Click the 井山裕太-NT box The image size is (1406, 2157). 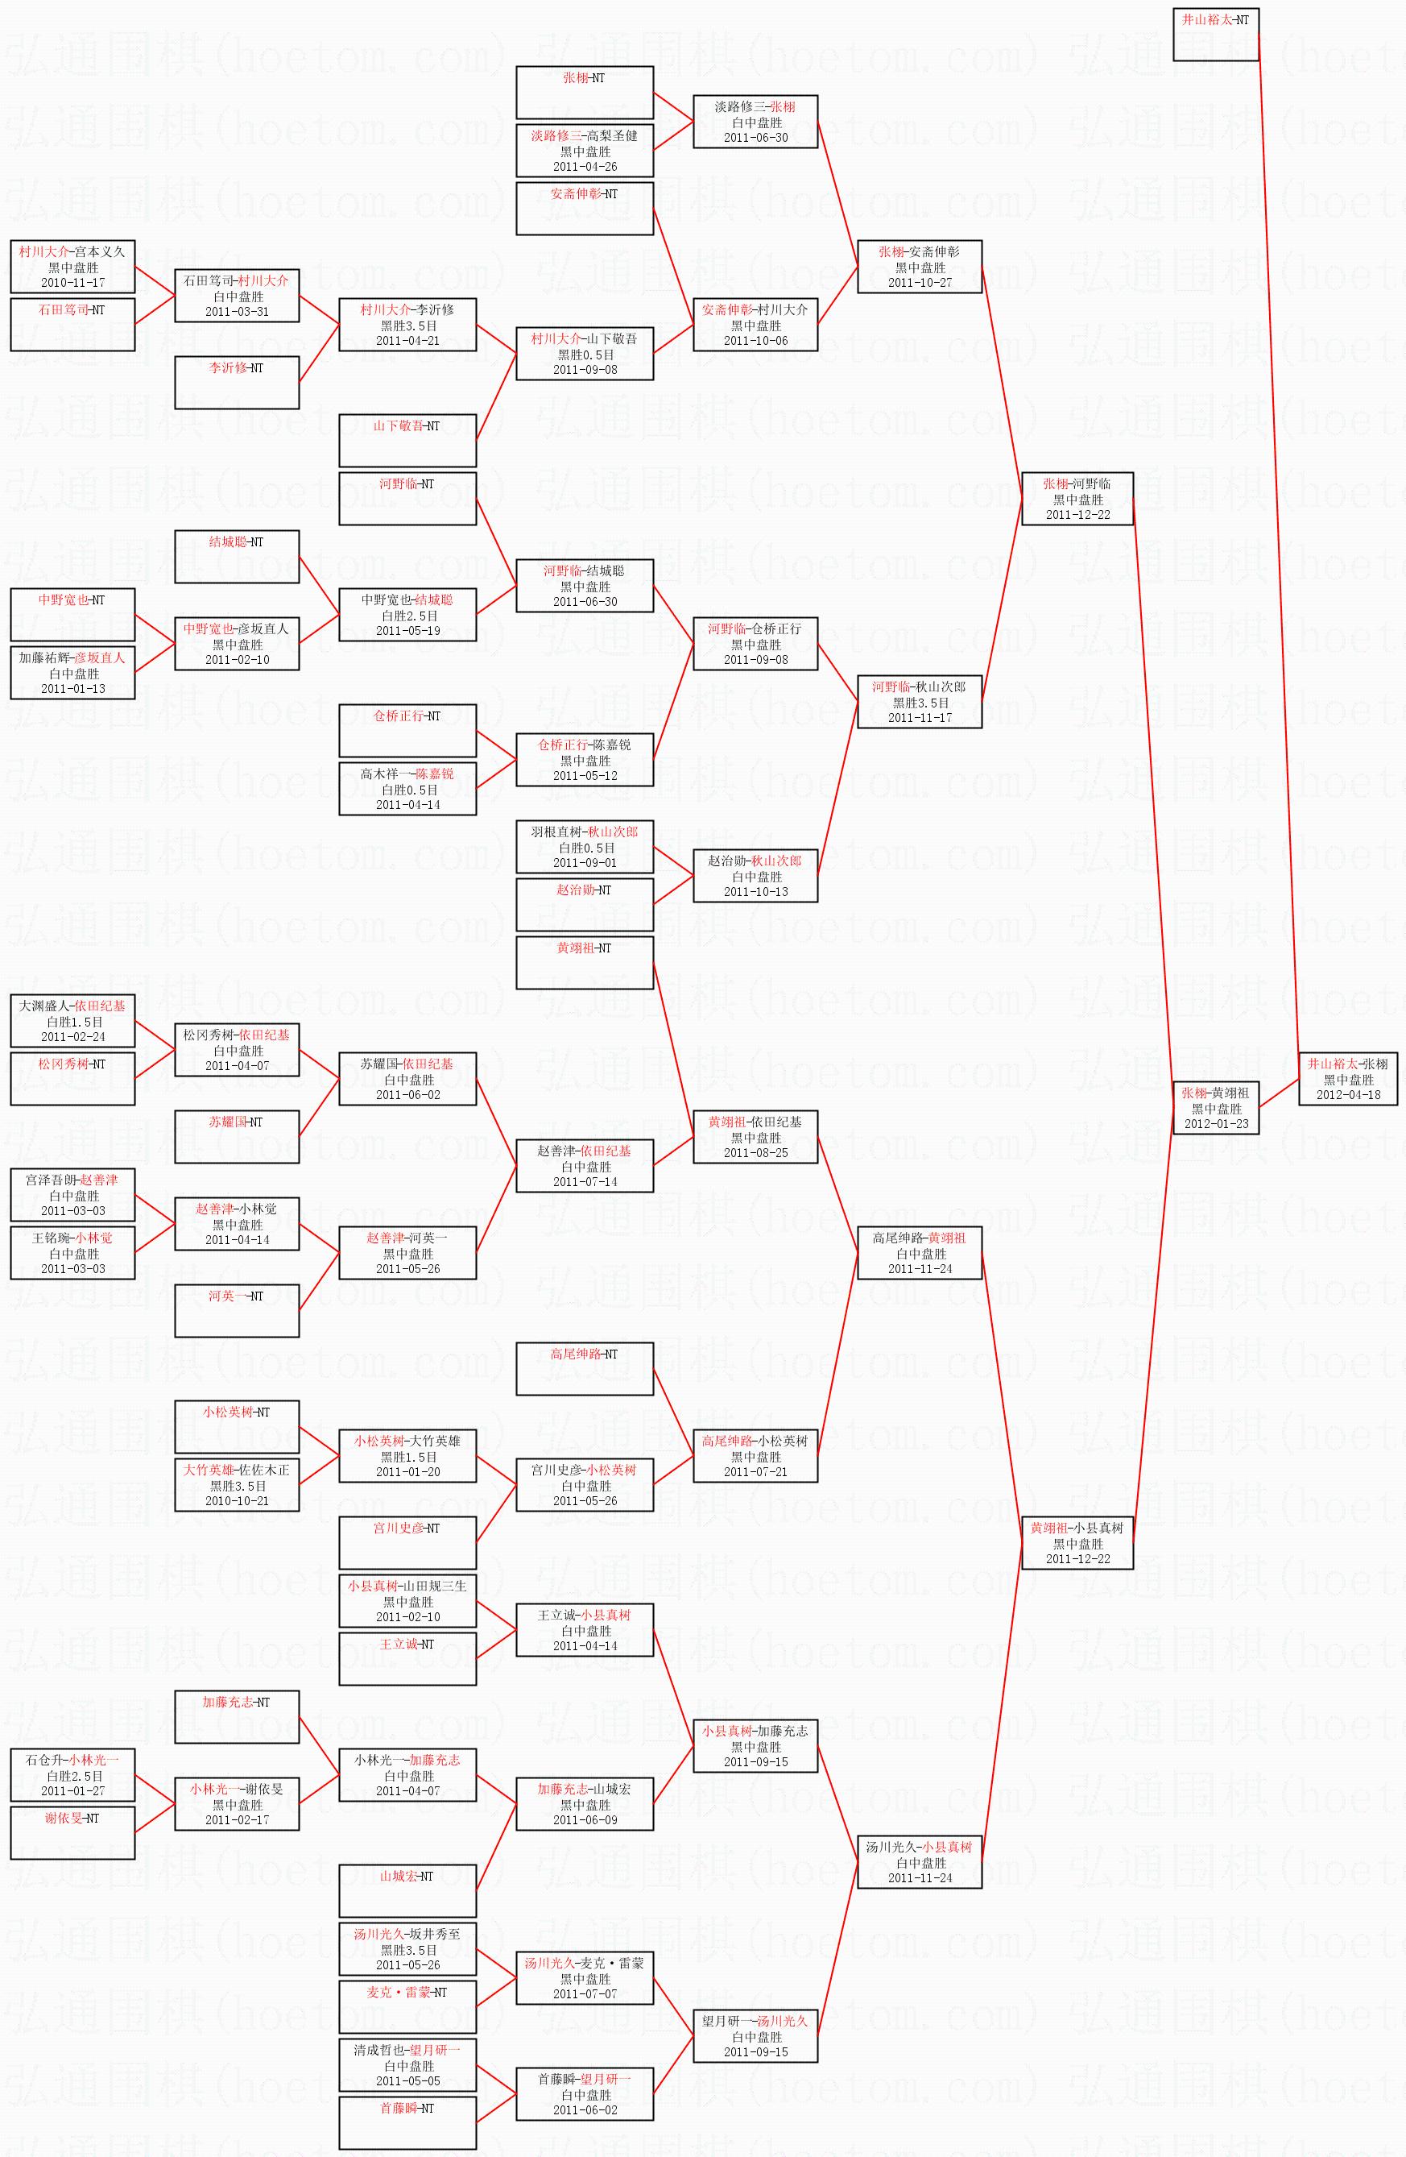(1215, 35)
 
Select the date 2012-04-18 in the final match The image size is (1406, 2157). (1348, 1094)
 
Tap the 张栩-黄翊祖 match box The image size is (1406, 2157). (1215, 1107)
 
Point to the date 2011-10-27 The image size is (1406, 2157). (920, 282)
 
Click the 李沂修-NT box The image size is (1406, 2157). (237, 382)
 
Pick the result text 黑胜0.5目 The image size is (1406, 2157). (585, 355)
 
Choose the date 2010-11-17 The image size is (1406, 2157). (72, 282)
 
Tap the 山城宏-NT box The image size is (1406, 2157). (407, 1889)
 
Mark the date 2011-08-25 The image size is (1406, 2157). (755, 1152)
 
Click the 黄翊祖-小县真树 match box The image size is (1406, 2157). (1077, 1542)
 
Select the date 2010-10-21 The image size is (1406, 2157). (238, 1500)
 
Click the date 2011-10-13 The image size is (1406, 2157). (755, 891)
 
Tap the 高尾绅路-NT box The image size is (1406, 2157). (585, 1367)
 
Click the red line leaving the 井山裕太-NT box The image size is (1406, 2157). (1277, 544)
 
